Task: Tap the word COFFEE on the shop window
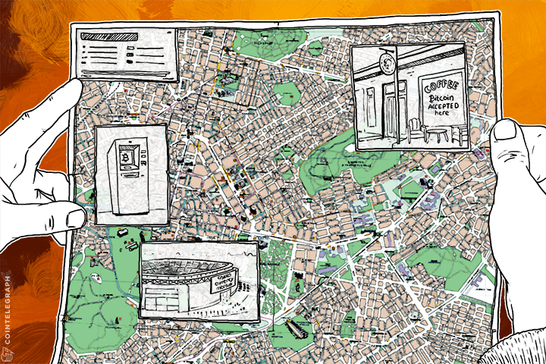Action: click(442, 86)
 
